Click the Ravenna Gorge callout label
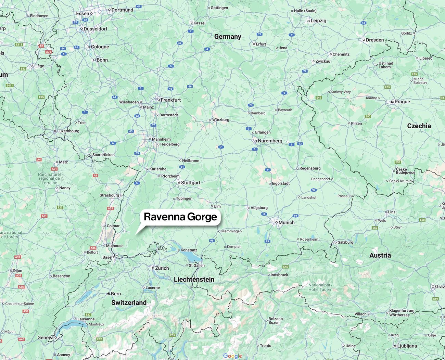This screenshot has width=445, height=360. (x=180, y=217)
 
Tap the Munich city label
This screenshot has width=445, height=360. (x=286, y=222)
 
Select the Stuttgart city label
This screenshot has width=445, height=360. (x=190, y=183)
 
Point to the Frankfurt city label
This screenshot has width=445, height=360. (x=170, y=100)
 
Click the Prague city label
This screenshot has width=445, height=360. (x=402, y=102)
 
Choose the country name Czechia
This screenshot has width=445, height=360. (x=419, y=126)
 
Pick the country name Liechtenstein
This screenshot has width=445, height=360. (x=194, y=280)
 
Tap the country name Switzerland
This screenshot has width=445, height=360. (x=129, y=303)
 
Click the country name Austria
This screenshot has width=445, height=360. (x=380, y=255)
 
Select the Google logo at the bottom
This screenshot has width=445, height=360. (x=232, y=356)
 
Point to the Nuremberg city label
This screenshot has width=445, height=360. (x=270, y=141)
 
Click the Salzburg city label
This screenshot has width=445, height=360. (x=345, y=242)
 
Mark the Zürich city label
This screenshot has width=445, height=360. (x=162, y=268)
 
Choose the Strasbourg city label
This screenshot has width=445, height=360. (x=109, y=195)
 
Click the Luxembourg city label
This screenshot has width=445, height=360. (x=68, y=131)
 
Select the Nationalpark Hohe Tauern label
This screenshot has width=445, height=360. (x=320, y=287)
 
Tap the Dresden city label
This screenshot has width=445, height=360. (x=374, y=40)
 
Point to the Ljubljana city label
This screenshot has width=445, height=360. (x=407, y=346)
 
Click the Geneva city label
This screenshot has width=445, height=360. (x=46, y=337)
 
